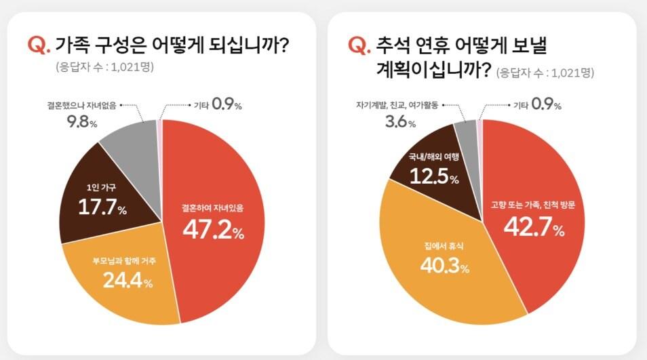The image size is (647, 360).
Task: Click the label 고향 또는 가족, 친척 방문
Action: point(533,204)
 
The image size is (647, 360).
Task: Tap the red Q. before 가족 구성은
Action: point(39,46)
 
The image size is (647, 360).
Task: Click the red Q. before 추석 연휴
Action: point(359,46)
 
